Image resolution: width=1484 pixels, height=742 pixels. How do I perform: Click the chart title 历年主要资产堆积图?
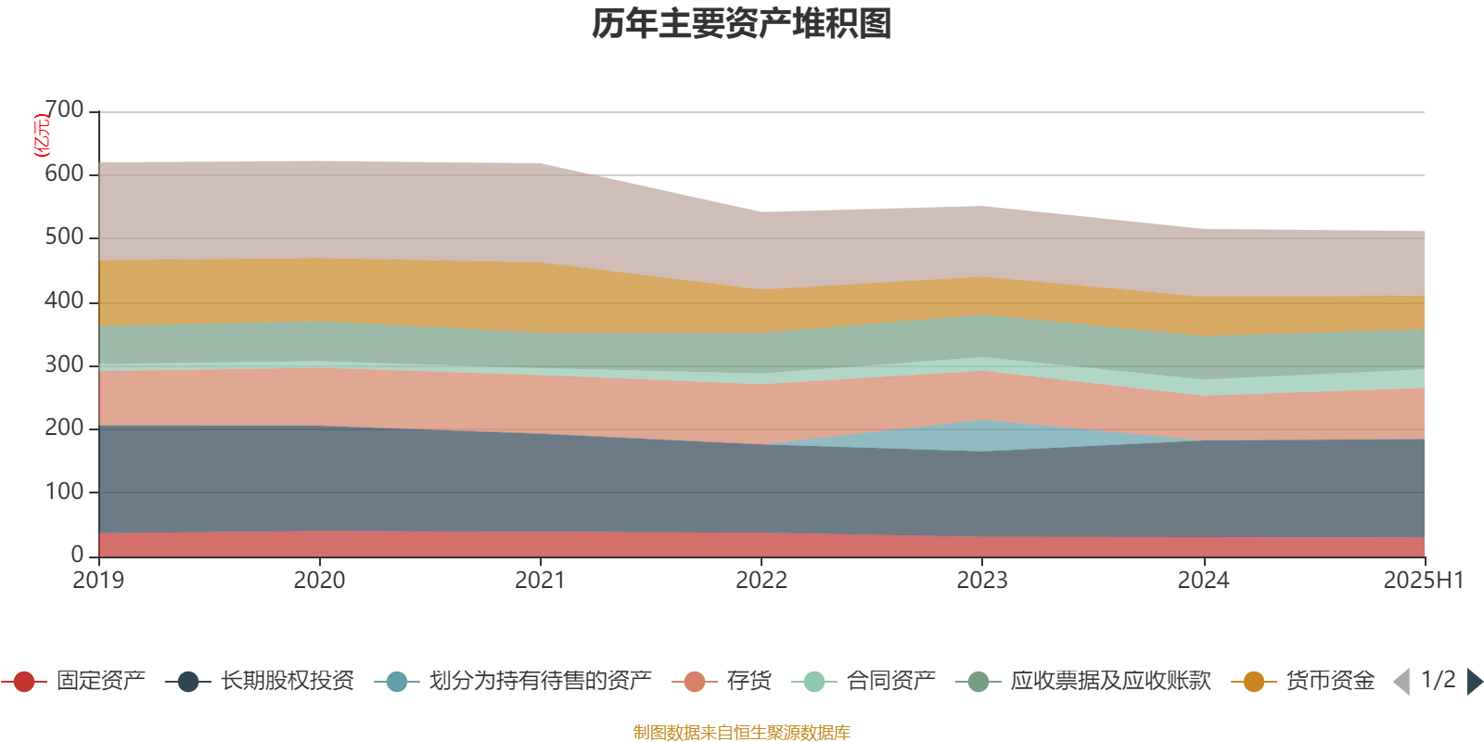742,24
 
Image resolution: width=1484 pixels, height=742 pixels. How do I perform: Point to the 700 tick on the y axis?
64,110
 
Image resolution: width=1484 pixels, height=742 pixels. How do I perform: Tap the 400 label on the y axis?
64,301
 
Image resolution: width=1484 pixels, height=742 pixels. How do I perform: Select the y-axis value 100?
64,492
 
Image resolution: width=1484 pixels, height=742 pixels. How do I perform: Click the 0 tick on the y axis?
78,555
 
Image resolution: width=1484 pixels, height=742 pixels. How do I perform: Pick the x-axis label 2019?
98,581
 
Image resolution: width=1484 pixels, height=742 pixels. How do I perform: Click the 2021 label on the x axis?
540,581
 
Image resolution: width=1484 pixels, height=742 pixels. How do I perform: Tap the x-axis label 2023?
982,581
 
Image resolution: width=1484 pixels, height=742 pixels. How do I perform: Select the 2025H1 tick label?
1423,581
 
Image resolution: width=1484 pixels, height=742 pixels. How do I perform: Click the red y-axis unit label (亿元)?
42,135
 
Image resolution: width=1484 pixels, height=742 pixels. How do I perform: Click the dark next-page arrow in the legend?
1474,682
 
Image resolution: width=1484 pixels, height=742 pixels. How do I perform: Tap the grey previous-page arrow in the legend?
1401,682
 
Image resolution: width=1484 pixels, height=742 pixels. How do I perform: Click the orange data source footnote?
742,733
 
